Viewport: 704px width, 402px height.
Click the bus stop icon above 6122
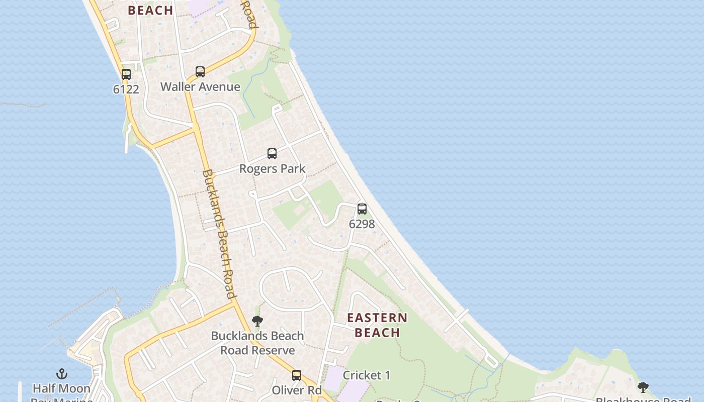[x=126, y=74]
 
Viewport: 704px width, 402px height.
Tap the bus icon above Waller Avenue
[x=200, y=72]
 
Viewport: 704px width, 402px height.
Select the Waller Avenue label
[x=200, y=87]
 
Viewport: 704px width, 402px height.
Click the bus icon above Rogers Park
[x=272, y=154]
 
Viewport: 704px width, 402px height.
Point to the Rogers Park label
[x=272, y=169]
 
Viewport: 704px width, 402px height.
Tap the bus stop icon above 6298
[x=362, y=209]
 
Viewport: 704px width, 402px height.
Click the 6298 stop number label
[x=362, y=224]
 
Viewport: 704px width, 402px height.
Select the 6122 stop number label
[x=126, y=89]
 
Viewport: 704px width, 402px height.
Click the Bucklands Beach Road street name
[x=219, y=234]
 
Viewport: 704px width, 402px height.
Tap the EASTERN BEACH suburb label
[x=377, y=325]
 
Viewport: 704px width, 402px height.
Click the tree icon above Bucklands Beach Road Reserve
[x=257, y=321]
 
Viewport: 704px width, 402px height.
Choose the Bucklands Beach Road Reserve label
[x=257, y=343]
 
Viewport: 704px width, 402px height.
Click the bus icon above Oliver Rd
[x=297, y=375]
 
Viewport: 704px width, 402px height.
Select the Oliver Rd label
[x=297, y=390]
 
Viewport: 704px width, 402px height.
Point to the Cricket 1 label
[x=367, y=375]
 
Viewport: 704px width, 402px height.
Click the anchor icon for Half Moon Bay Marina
[x=61, y=374]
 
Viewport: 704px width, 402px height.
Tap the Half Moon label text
[x=61, y=388]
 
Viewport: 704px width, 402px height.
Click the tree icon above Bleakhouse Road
[x=643, y=387]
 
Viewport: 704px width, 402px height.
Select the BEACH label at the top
[x=150, y=10]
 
